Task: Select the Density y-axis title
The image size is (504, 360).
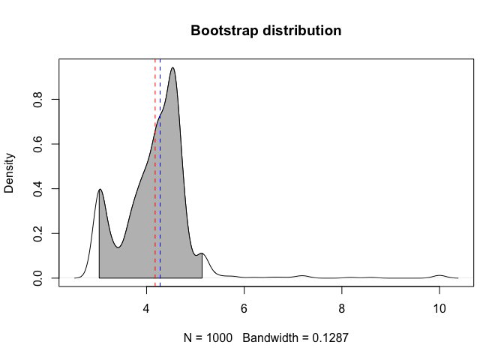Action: coord(10,173)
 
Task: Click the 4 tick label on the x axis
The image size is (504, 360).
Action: coord(146,310)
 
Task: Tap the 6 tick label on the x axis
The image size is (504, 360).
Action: coord(244,310)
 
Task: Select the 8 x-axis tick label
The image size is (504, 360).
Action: coord(342,310)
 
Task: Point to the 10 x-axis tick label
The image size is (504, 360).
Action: coord(439,310)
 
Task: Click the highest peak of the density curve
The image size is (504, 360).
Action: coord(173,68)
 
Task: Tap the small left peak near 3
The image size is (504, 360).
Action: coord(100,190)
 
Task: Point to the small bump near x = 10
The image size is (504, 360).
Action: coord(440,276)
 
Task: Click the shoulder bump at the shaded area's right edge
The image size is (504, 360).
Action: coord(202,254)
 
